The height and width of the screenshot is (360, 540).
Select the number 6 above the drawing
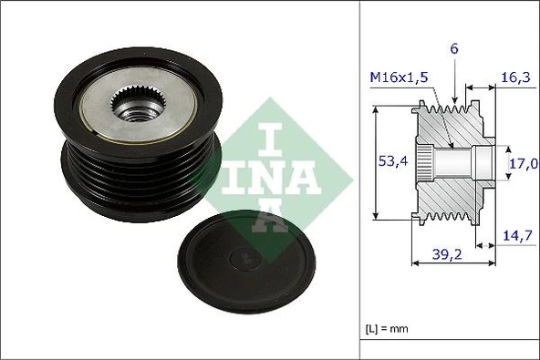coord(455,47)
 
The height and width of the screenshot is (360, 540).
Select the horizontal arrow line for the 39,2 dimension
coord(455,264)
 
